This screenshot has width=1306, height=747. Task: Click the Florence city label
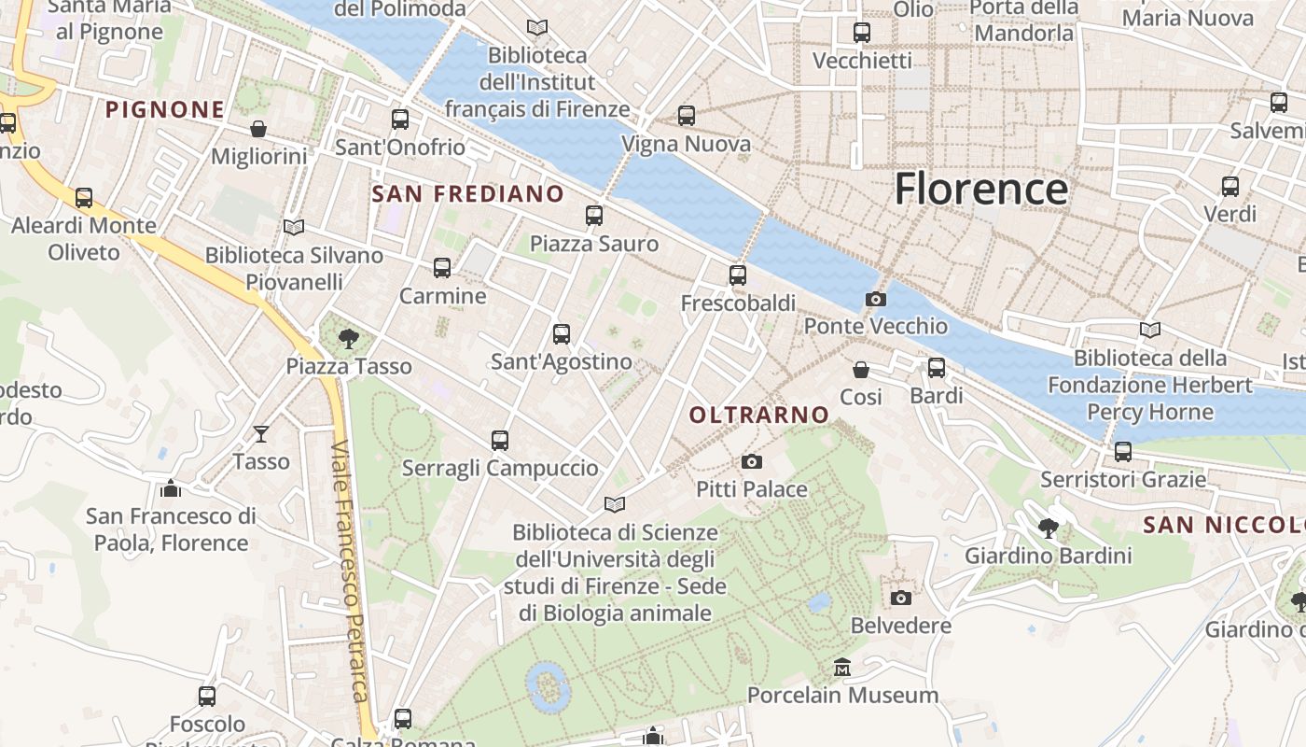980,190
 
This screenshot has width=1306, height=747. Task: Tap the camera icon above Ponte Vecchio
875,299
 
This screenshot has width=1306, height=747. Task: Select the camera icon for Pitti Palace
751,461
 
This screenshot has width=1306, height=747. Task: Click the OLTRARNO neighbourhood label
759,415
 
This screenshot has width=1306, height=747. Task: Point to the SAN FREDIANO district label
468,194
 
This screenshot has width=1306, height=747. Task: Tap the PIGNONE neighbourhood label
165,110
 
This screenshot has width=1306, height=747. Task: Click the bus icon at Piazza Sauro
594,216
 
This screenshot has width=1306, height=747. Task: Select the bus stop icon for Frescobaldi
738,275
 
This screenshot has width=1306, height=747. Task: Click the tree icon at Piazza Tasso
349,338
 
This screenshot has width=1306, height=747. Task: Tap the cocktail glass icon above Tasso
261,433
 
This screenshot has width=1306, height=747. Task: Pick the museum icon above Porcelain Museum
843,668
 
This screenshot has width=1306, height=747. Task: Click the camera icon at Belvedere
900,598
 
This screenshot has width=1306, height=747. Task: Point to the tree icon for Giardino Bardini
1049,529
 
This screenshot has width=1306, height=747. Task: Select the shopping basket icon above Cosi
861,370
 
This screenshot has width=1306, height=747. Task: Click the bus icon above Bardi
937,368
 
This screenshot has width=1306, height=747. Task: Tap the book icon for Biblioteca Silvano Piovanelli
294,227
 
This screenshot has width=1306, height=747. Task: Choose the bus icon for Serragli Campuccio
500,440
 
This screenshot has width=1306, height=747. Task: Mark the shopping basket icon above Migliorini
258,129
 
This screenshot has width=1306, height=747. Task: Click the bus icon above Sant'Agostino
562,333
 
